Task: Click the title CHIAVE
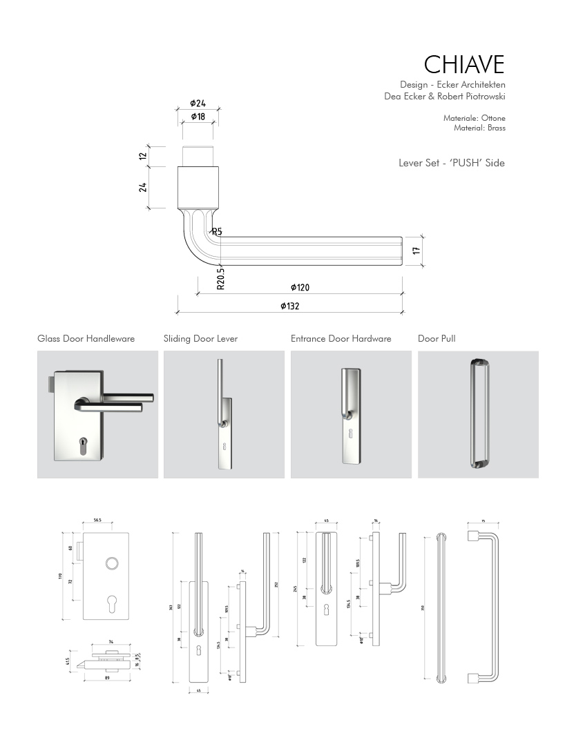click(463, 64)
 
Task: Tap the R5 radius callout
click(216, 232)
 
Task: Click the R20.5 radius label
click(220, 278)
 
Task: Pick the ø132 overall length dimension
click(290, 306)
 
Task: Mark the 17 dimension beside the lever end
click(416, 251)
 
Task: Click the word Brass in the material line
click(495, 128)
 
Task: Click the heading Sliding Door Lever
click(200, 339)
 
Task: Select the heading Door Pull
click(437, 339)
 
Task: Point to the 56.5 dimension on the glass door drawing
click(97, 520)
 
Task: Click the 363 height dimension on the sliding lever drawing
click(171, 607)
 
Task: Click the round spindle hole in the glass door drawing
click(111, 565)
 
